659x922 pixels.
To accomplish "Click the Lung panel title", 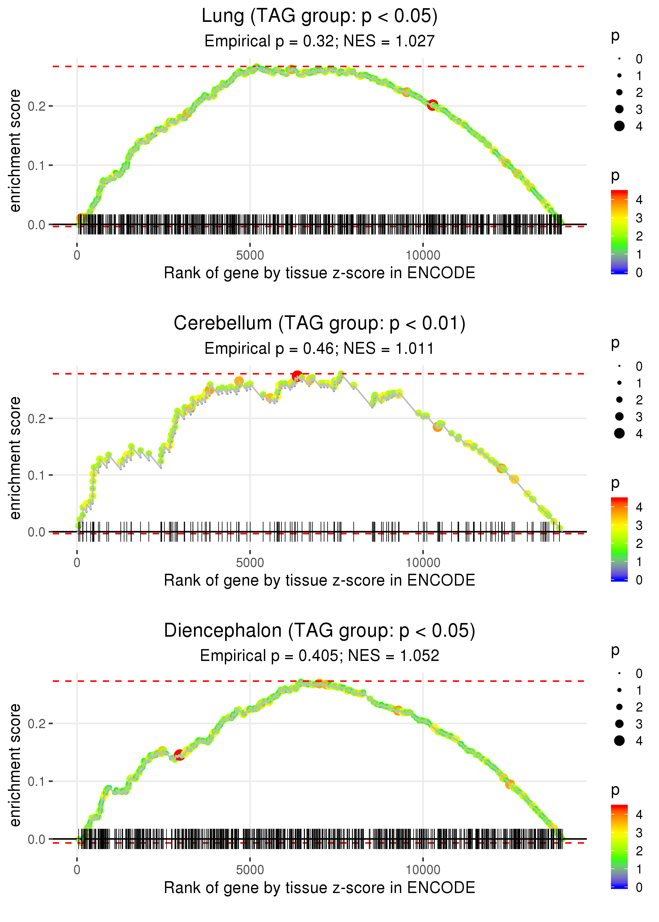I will [319, 16].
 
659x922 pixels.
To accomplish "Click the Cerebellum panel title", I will [319, 323].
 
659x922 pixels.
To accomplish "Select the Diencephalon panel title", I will [319, 631].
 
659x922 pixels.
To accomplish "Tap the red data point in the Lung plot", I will [433, 105].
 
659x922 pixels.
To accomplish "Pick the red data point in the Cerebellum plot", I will [297, 376].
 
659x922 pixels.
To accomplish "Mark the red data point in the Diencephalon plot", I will [179, 755].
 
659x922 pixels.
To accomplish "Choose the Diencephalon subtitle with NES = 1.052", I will [319, 656].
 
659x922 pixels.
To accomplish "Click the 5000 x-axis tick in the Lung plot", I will [250, 256].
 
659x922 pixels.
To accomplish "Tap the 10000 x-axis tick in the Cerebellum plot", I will [423, 563].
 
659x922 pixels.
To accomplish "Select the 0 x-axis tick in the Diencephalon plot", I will [77, 870].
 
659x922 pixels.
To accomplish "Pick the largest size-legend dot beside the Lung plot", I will [619, 126].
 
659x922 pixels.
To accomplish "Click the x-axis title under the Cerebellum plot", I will [319, 581].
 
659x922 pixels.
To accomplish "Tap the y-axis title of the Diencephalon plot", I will [15, 765].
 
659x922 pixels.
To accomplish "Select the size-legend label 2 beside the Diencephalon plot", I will [639, 707].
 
